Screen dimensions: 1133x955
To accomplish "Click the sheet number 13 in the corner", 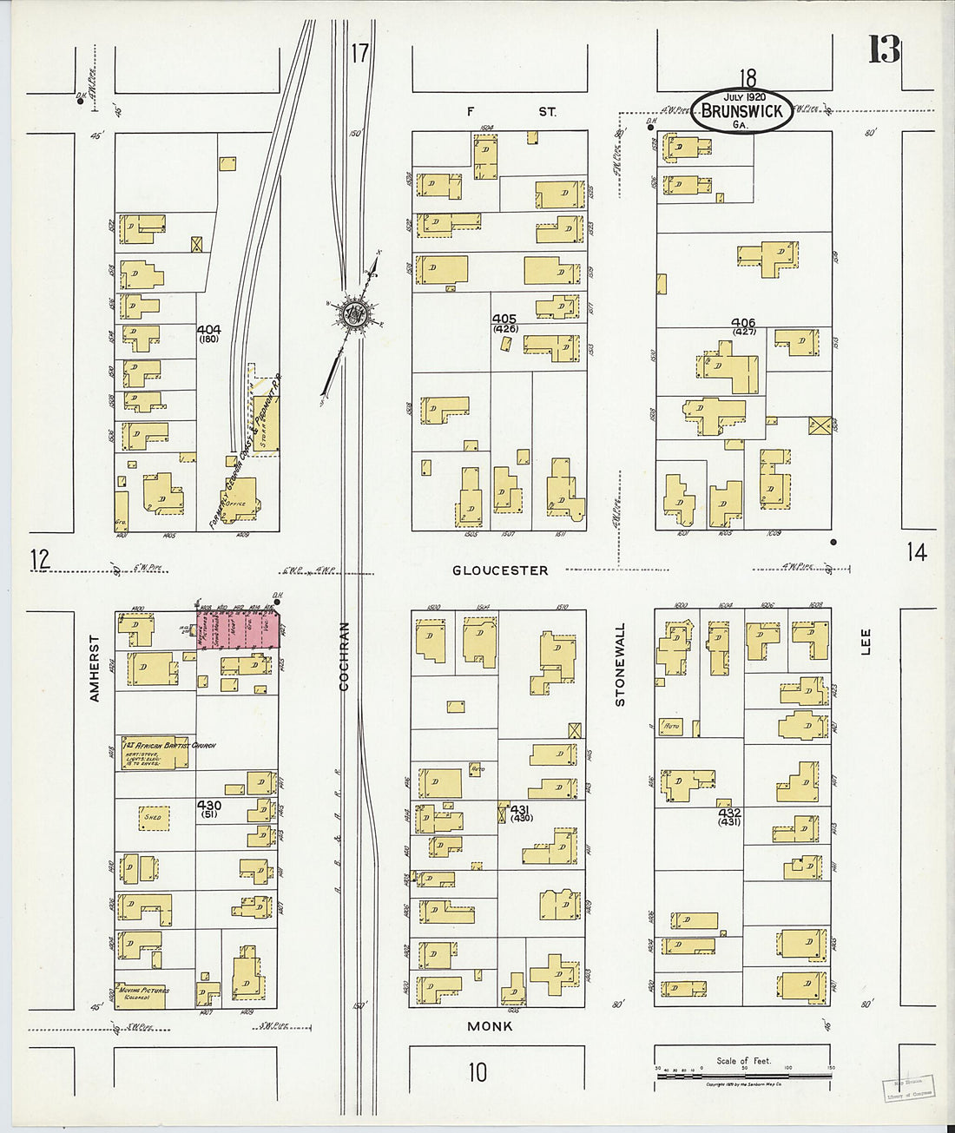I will [x=884, y=50].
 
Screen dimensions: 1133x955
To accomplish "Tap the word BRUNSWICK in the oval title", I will [x=741, y=110].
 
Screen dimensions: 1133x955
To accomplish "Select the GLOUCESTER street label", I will [x=500, y=570].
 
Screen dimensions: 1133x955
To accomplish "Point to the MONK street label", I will [x=490, y=1026].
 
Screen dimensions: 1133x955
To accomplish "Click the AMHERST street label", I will [x=95, y=668].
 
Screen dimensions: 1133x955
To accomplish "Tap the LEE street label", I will [x=865, y=641].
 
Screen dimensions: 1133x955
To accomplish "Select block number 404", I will [x=208, y=330].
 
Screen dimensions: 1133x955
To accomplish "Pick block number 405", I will [x=504, y=319].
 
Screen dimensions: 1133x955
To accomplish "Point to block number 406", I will [x=744, y=322].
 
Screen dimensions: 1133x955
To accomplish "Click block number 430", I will [x=209, y=806].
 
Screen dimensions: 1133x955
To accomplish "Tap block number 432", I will [x=728, y=812].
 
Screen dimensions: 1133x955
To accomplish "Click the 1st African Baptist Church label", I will [x=169, y=746].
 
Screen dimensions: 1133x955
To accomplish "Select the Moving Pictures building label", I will [x=144, y=991].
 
